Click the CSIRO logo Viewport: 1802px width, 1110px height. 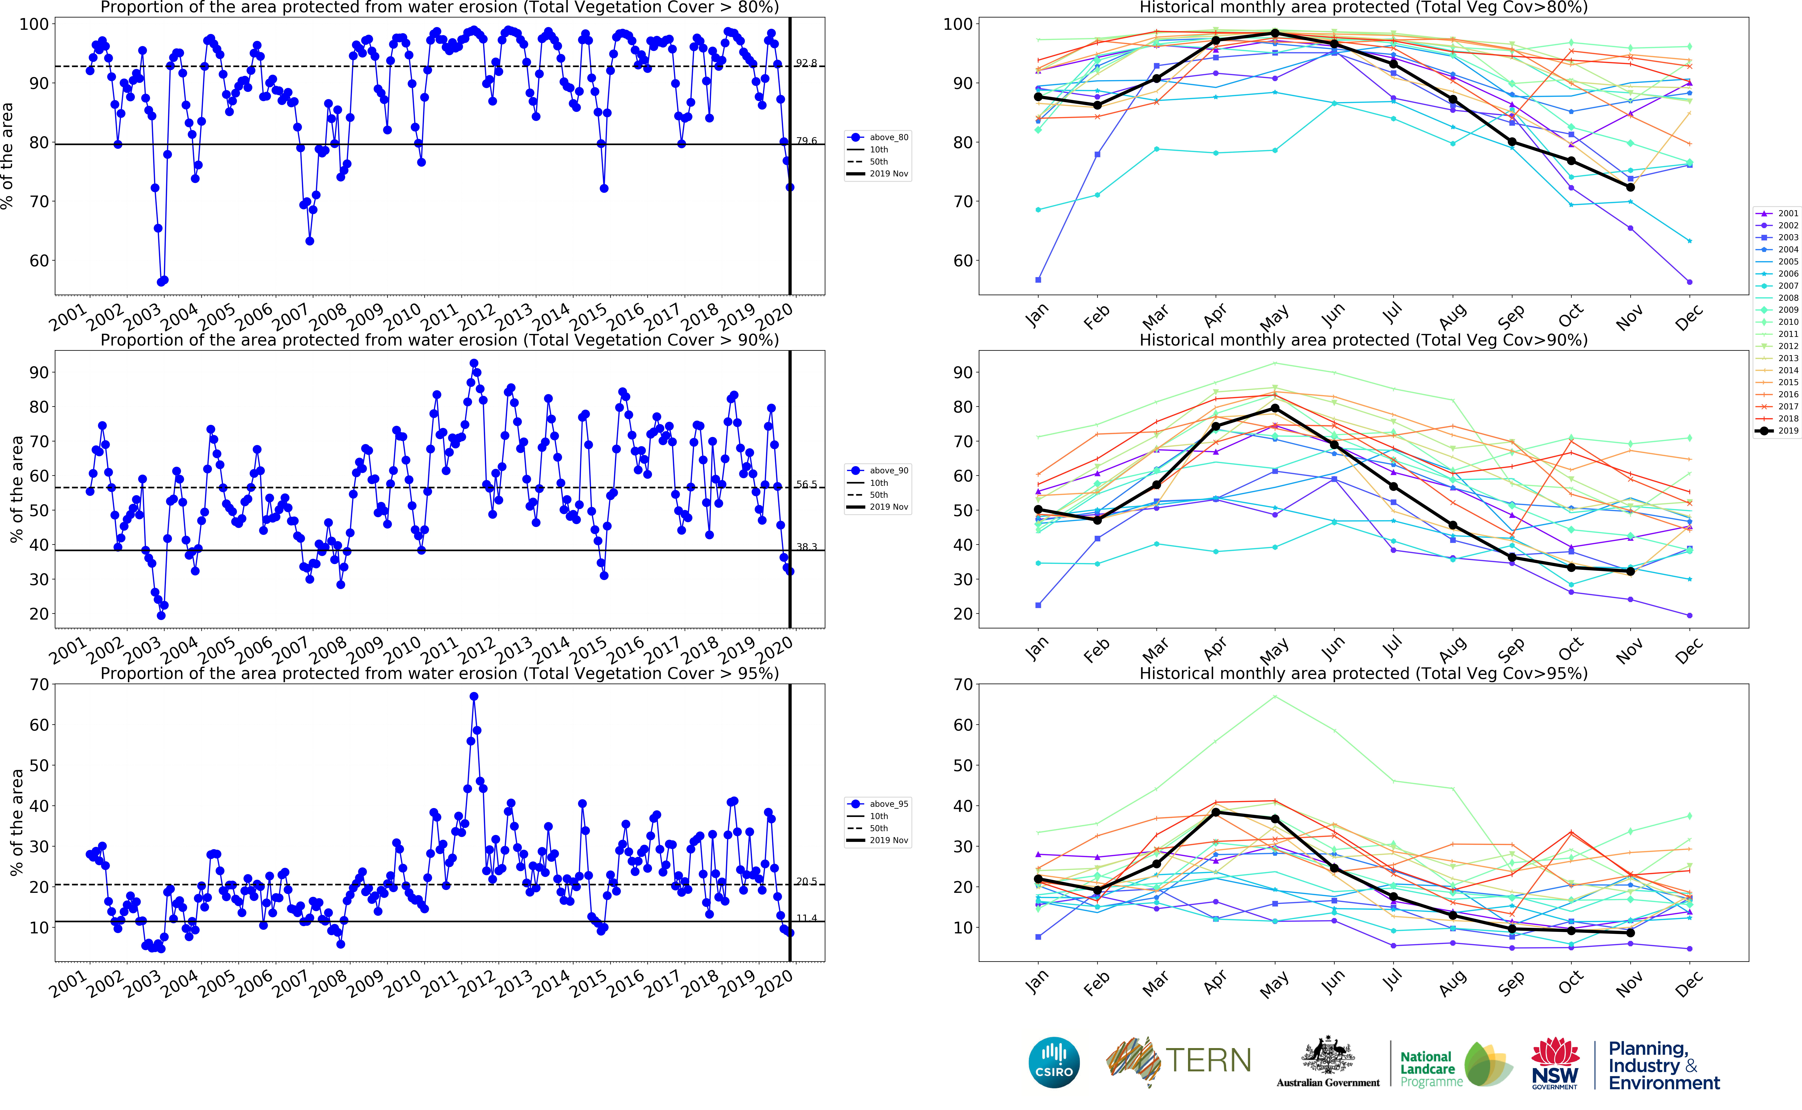[x=1054, y=1062]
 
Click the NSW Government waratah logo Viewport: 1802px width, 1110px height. [x=1555, y=1062]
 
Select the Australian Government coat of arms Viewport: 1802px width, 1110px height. [x=1328, y=1057]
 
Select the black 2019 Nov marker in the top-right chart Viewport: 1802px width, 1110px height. [x=1630, y=187]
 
